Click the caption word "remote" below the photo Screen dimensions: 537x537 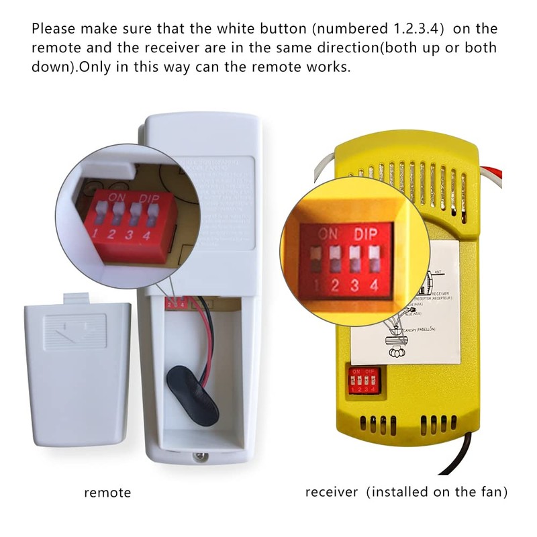[107, 493]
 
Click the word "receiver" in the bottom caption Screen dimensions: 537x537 [332, 492]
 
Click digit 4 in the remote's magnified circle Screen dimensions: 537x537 [146, 232]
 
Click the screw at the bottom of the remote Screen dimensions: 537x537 [199, 458]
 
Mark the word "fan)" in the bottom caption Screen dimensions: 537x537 [494, 492]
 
